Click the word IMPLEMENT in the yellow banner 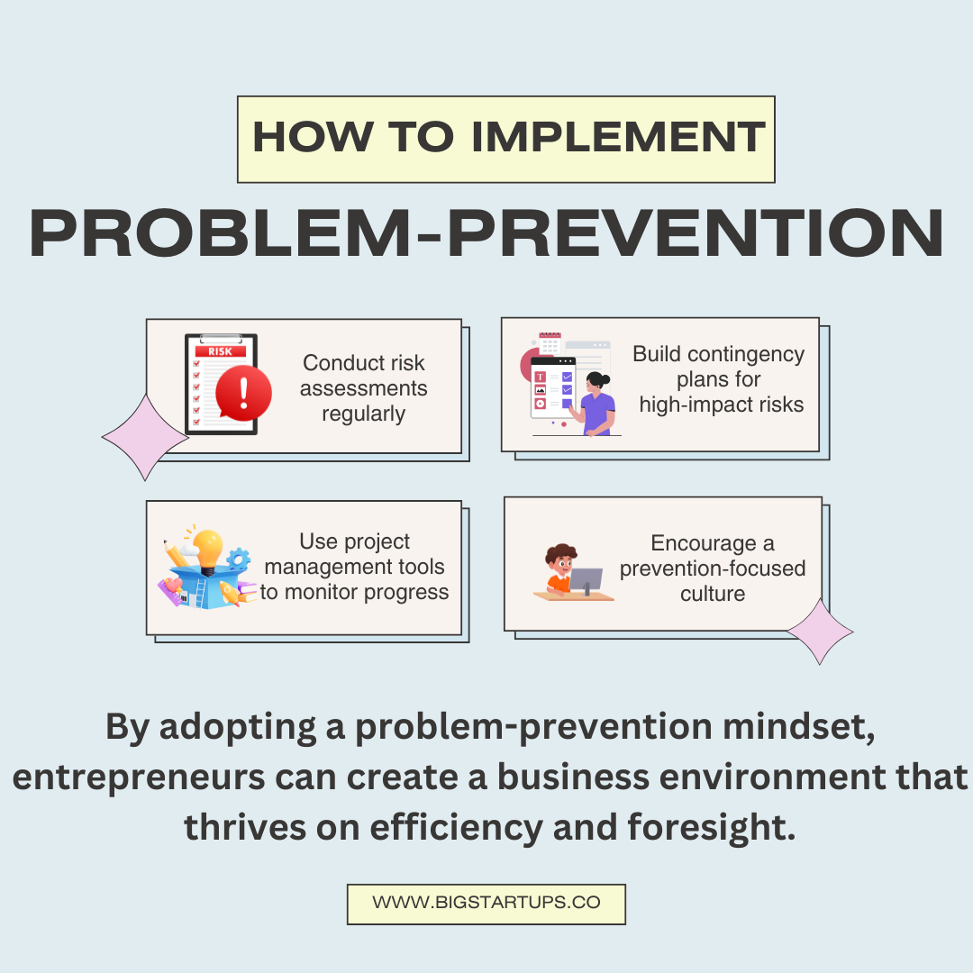618,137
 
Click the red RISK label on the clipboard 221,351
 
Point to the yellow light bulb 207,550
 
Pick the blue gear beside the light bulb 238,559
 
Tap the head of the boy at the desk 561,559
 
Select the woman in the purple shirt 596,404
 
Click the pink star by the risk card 145,438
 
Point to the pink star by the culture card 821,632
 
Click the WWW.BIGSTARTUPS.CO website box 486,905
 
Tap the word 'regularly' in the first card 364,414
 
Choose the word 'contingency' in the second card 746,355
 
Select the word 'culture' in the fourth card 713,594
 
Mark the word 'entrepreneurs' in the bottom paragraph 139,778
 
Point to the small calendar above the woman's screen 550,343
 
